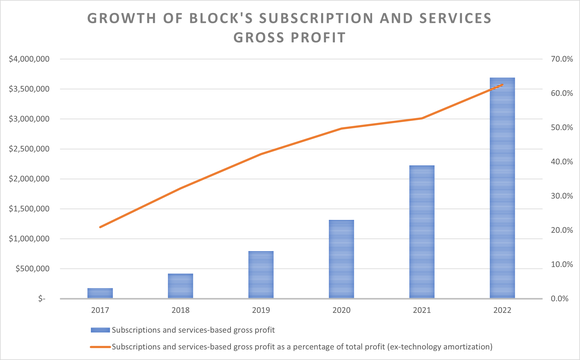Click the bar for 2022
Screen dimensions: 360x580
point(503,188)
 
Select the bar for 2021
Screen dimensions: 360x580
point(422,232)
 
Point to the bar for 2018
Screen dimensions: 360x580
point(180,286)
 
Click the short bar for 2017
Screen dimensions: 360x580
point(100,293)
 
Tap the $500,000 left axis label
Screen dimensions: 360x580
point(31,269)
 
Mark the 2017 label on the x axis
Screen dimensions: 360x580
point(100,311)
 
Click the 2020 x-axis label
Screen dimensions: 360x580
point(341,311)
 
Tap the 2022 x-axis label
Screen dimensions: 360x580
point(503,311)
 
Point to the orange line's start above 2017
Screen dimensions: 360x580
point(100,227)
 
